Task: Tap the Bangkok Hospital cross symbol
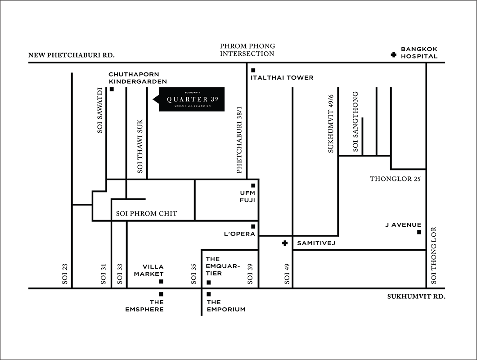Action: [x=394, y=55]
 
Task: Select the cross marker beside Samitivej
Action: [x=284, y=243]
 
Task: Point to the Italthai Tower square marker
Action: [x=253, y=70]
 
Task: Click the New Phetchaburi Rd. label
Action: [x=72, y=55]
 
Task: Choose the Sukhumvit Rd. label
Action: [x=416, y=297]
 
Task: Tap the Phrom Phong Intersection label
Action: [x=247, y=49]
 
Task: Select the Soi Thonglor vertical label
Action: [x=434, y=255]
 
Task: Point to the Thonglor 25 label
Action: [x=395, y=179]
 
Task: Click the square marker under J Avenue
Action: [x=419, y=232]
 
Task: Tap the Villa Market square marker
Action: [x=161, y=282]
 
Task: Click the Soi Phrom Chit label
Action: [x=147, y=213]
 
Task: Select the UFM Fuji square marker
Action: [x=253, y=185]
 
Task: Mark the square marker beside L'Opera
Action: [x=253, y=226]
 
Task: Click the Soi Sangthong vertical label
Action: [x=355, y=121]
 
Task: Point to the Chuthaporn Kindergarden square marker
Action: [x=112, y=89]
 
